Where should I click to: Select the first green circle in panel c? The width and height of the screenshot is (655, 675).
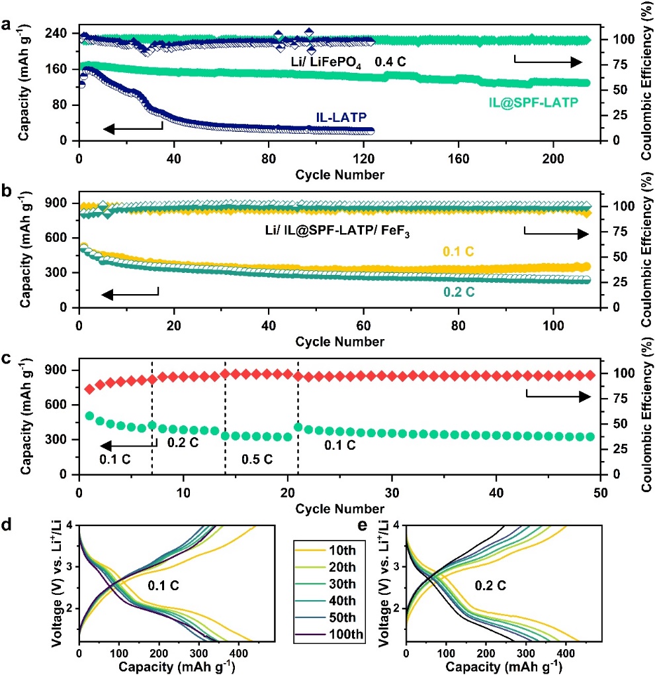point(89,416)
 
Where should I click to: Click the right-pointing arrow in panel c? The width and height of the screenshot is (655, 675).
point(556,395)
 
